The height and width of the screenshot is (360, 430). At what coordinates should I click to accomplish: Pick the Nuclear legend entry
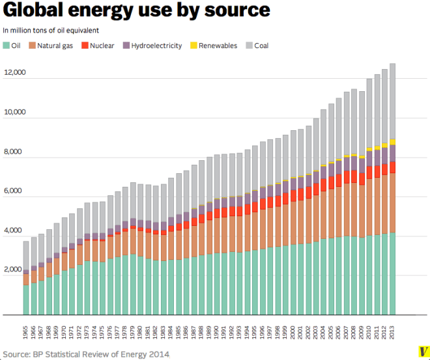click(98, 46)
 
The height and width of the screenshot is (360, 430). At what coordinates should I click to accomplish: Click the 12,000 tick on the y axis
click(14, 72)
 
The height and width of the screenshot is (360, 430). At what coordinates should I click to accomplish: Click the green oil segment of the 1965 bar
click(26, 299)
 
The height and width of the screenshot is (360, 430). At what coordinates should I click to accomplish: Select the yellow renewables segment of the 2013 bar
click(393, 142)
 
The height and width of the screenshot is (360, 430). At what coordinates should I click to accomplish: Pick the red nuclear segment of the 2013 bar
click(393, 167)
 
